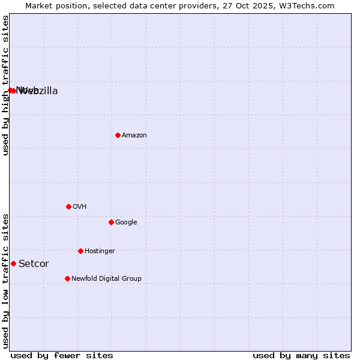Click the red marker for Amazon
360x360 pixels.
(118, 135)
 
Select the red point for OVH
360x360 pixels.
(68, 206)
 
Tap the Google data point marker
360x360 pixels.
(111, 222)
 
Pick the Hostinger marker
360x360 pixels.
(80, 251)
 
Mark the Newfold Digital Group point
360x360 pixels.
(67, 278)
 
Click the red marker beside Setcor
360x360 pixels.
(13, 263)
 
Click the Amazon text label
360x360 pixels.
(134, 136)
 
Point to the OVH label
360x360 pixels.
(80, 207)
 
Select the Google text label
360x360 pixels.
(126, 223)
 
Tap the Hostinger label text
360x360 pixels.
(100, 251)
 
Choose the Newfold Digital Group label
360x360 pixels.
(106, 279)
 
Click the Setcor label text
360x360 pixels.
(34, 264)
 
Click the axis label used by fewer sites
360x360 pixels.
(62, 355)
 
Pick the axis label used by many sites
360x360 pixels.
(301, 355)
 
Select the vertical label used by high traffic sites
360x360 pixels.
(5, 85)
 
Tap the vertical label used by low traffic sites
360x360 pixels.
(5, 281)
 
